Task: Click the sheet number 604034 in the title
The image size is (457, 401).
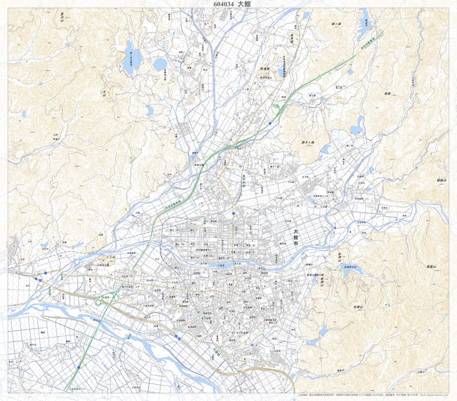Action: tap(224, 4)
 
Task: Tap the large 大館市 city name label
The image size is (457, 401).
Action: tap(295, 238)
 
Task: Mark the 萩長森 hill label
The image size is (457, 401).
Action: tap(266, 69)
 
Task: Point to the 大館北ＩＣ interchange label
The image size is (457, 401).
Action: tap(241, 149)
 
